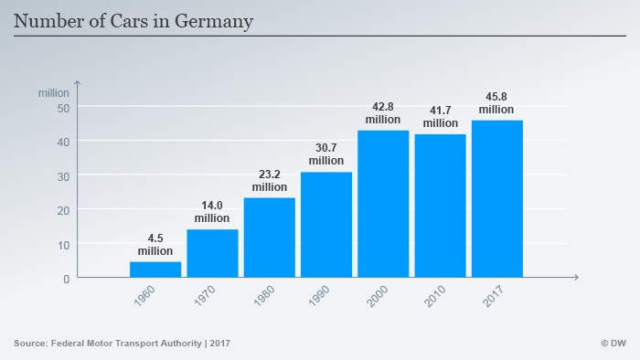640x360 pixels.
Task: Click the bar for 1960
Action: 155,270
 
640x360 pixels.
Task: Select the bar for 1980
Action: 269,238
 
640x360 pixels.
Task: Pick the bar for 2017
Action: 496,198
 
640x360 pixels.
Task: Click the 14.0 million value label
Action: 212,213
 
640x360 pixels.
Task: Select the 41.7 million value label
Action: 440,117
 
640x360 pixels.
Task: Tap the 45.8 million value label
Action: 496,103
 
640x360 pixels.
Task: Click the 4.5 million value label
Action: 155,245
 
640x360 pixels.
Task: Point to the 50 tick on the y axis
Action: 62,108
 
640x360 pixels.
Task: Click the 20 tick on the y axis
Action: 62,210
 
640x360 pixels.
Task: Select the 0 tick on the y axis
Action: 66,278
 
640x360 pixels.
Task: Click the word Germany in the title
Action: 212,19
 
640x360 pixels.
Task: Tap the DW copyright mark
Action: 613,343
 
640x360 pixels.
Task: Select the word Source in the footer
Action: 32,343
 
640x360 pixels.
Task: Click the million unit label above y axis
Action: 53,92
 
